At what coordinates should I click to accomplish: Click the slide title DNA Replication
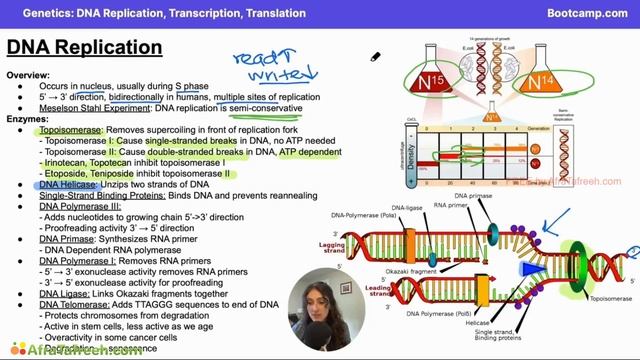(x=72, y=48)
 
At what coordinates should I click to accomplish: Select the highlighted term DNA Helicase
(x=68, y=185)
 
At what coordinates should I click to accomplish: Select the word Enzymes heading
(x=28, y=119)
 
